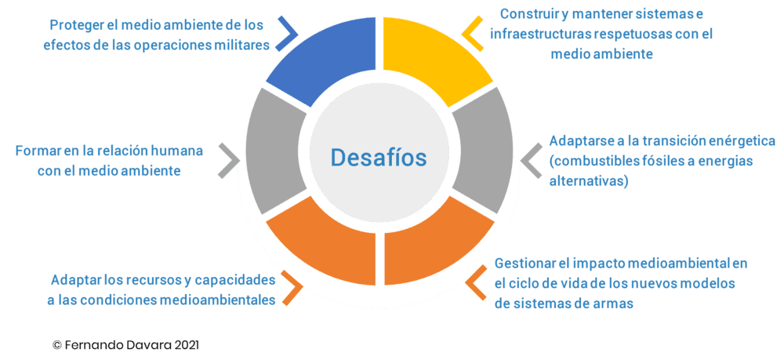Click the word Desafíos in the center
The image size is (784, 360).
coord(379,157)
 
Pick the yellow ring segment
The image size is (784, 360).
coord(437,63)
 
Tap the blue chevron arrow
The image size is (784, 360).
coord(288,32)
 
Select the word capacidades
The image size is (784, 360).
coord(235,280)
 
